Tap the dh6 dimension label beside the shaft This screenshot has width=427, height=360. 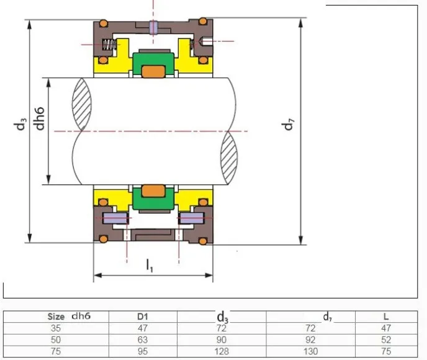[39, 119]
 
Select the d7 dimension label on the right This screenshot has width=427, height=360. [287, 125]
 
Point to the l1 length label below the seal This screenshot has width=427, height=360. [150, 266]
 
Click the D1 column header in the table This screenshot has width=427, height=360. [143, 317]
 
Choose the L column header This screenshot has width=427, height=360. [386, 317]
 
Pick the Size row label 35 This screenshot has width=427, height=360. [56, 328]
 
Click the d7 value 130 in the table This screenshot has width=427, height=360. [310, 351]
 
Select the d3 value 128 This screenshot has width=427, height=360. [222, 351]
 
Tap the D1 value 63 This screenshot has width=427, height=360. [143, 340]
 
